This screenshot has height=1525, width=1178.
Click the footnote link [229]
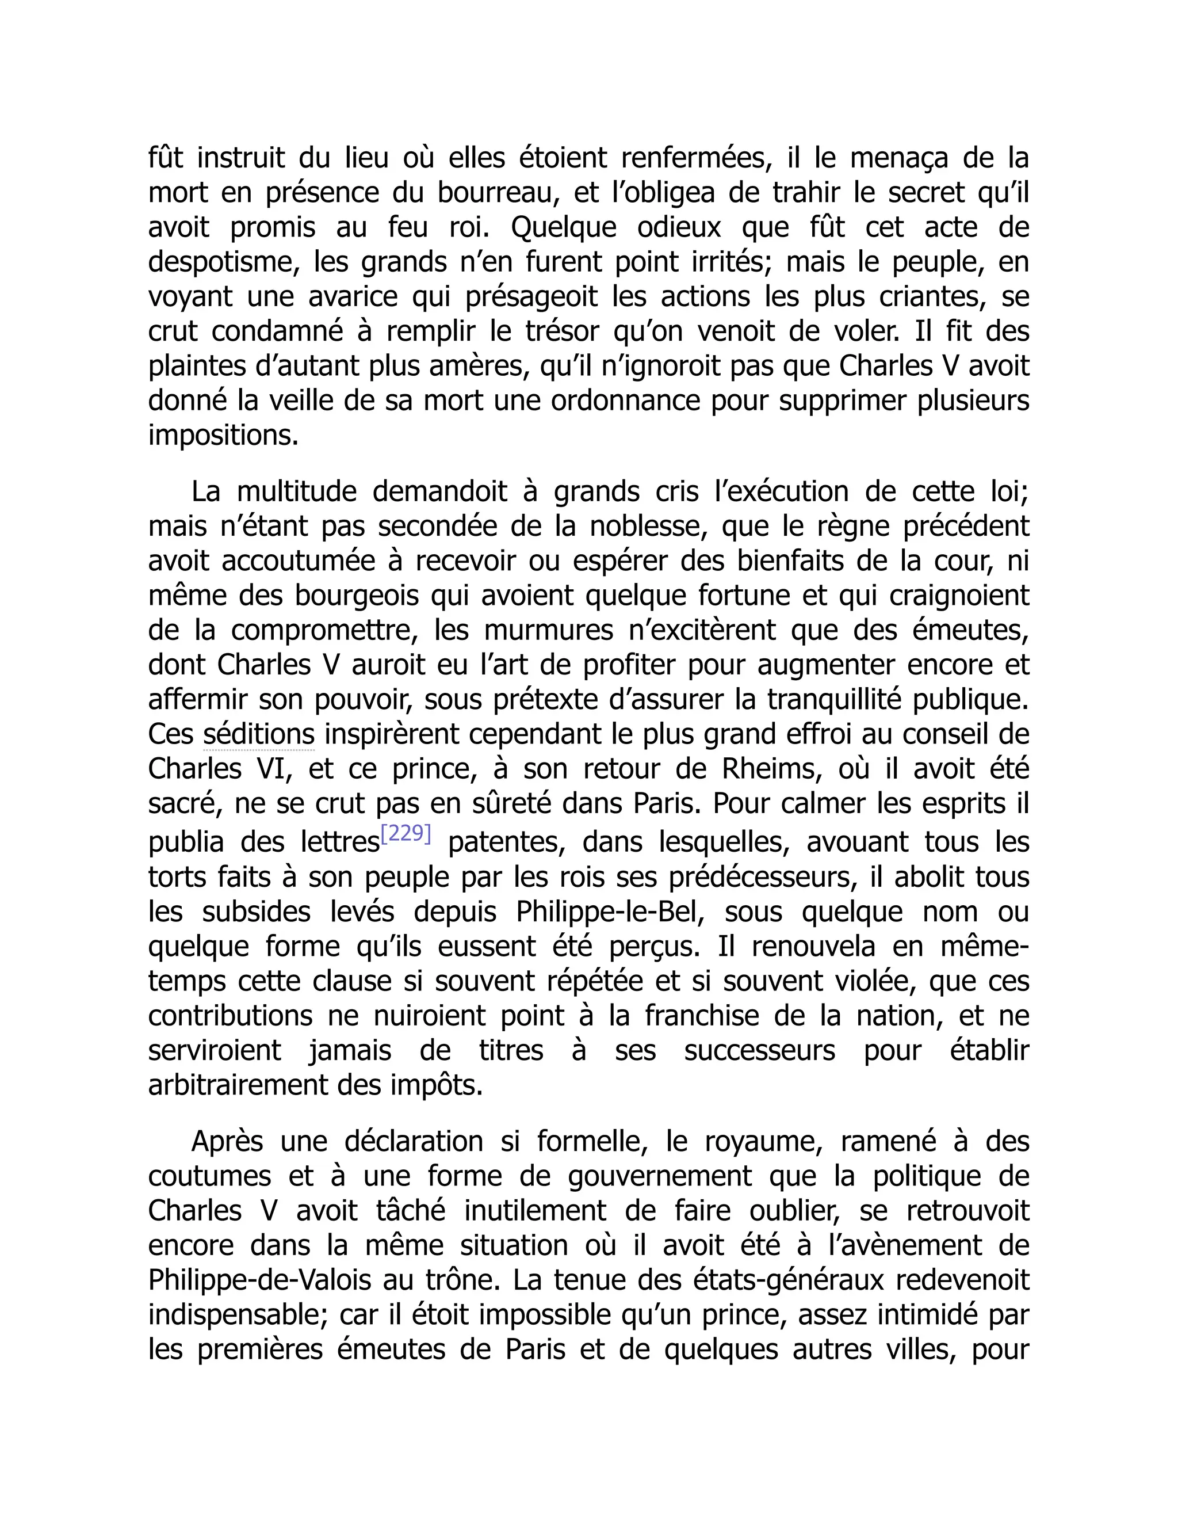[406, 834]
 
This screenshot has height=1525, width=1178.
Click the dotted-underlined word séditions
[259, 734]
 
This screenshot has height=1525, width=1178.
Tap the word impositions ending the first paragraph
[223, 436]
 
